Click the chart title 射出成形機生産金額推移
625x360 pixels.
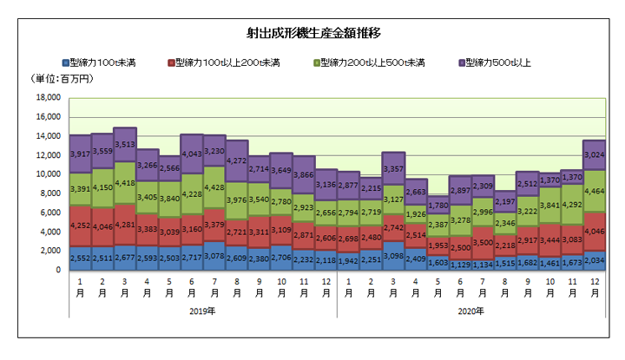314,33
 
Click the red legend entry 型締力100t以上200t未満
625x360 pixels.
228,62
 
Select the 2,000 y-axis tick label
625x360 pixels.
48,252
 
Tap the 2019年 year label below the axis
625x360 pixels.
202,311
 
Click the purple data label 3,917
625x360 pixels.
81,154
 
